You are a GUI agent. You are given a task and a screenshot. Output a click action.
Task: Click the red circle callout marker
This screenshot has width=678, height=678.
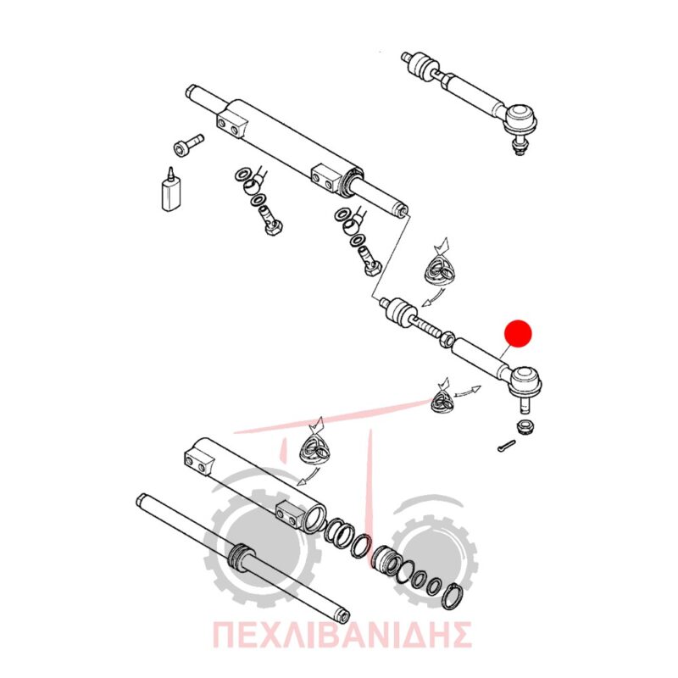click(518, 333)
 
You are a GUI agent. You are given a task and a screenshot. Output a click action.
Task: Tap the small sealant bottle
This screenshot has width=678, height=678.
click(170, 192)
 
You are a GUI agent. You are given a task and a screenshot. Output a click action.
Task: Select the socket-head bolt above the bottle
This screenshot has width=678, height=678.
click(187, 144)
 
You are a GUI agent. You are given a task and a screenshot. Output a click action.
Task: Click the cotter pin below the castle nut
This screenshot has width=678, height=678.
click(506, 446)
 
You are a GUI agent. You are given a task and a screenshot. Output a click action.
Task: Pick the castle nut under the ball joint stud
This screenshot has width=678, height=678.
click(525, 426)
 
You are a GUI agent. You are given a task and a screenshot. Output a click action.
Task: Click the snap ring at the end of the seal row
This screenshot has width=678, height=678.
click(453, 597)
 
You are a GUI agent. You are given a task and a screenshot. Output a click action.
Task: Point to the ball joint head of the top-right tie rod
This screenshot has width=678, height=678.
click(521, 117)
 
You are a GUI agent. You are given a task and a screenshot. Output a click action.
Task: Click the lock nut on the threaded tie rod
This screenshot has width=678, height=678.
click(447, 337)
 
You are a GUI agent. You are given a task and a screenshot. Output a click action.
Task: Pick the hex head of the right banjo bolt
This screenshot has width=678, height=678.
click(371, 268)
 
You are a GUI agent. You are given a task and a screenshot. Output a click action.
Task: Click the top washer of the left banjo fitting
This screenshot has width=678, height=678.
click(242, 175)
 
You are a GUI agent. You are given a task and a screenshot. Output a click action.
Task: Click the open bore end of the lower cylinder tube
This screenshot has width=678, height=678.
click(314, 518)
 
